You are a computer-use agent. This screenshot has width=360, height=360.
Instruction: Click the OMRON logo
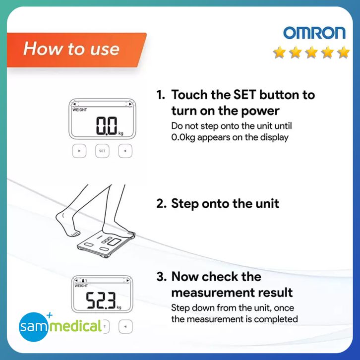pyautogui.click(x=314, y=33)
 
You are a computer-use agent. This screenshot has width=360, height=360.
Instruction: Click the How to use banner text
pyautogui.click(x=71, y=49)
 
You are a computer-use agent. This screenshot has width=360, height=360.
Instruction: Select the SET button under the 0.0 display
pyautogui.click(x=102, y=151)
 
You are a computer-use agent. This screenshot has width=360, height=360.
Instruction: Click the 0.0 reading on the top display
pyautogui.click(x=107, y=125)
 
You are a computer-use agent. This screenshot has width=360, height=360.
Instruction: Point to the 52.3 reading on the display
pyautogui.click(x=101, y=300)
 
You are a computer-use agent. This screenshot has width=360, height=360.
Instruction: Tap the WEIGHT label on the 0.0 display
pyautogui.click(x=80, y=110)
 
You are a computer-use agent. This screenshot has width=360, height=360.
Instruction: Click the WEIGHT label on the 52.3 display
pyautogui.click(x=81, y=286)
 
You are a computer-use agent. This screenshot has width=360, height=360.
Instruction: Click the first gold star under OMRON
pyautogui.click(x=279, y=52)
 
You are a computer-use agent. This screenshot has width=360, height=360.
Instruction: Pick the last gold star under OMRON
pyautogui.click(x=344, y=52)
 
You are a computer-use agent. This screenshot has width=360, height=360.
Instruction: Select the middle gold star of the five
pyautogui.click(x=311, y=52)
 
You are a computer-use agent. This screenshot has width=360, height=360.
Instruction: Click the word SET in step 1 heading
pyautogui.click(x=244, y=95)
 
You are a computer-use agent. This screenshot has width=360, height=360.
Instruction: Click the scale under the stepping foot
pyautogui.click(x=106, y=245)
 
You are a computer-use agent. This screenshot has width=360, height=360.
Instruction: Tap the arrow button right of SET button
pyautogui.click(x=125, y=151)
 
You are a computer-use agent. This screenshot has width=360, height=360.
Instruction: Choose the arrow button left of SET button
pyautogui.click(x=79, y=151)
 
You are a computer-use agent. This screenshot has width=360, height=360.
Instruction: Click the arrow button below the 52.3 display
pyautogui.click(x=125, y=326)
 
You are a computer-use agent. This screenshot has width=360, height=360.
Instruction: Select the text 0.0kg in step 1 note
pyautogui.click(x=183, y=137)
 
